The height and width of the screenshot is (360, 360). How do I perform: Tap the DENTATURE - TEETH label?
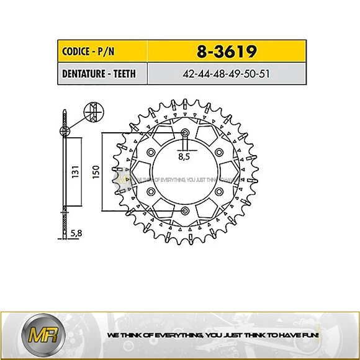click(97, 74)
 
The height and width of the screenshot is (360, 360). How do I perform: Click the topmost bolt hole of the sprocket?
click(185, 132)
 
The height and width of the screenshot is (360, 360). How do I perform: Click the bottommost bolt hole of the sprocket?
click(185, 213)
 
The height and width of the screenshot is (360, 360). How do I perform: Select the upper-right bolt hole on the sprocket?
click(220, 152)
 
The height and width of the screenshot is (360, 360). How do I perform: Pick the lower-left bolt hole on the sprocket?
click(150, 192)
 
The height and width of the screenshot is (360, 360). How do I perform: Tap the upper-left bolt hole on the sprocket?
click(150, 152)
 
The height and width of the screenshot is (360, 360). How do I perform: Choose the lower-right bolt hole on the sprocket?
click(220, 192)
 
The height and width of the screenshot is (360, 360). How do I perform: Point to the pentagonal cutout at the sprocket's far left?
click(139, 172)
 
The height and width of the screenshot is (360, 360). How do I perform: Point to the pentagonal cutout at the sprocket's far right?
click(230, 172)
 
